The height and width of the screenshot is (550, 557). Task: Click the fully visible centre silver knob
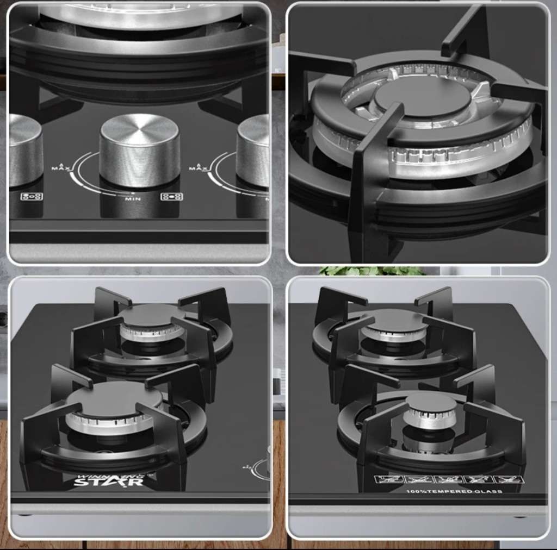(x=140, y=149)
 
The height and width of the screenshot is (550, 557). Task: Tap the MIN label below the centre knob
(x=133, y=199)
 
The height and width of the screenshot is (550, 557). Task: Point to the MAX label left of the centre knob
(x=59, y=166)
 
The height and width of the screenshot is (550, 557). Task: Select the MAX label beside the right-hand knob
(x=196, y=166)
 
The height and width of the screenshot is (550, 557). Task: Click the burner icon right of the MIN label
(x=171, y=197)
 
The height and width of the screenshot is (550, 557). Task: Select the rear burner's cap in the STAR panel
(x=152, y=315)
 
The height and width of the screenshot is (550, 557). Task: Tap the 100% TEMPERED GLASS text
(x=454, y=491)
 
